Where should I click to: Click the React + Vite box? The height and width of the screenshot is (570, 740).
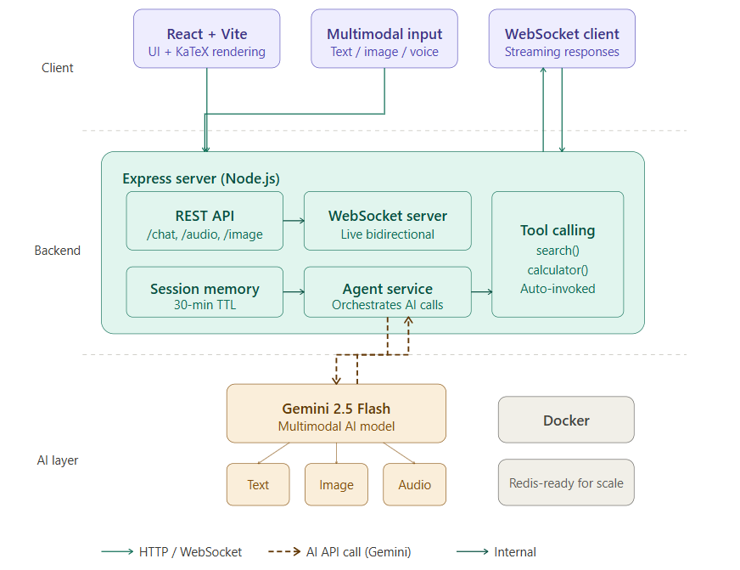(x=207, y=39)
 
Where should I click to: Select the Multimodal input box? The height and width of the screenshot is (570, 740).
(x=384, y=39)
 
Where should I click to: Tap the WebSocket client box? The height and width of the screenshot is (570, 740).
(x=562, y=39)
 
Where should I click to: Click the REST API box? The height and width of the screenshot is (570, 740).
(x=205, y=221)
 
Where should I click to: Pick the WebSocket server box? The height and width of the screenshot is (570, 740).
(x=387, y=221)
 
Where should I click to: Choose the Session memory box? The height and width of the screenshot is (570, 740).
(x=205, y=292)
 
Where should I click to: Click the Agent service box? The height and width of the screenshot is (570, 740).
(x=387, y=292)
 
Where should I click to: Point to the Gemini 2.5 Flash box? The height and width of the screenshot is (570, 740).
(x=336, y=414)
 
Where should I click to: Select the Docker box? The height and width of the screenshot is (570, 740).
(x=566, y=420)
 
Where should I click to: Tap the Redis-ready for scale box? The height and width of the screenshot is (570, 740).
(x=566, y=483)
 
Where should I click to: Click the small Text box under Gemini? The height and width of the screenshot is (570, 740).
(x=258, y=484)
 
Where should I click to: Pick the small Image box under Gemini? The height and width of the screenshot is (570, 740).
(x=336, y=484)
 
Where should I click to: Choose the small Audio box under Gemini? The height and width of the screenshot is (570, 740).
(x=414, y=484)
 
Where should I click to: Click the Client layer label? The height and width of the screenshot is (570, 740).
(x=58, y=68)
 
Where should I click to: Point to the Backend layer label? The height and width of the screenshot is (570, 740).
(x=58, y=251)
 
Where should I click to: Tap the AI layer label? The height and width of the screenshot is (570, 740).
(x=58, y=460)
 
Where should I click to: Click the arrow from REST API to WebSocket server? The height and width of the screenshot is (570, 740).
(x=294, y=221)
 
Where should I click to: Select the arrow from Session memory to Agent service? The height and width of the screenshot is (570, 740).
(x=294, y=292)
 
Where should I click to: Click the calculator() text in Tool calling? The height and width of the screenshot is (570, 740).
(x=558, y=270)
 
